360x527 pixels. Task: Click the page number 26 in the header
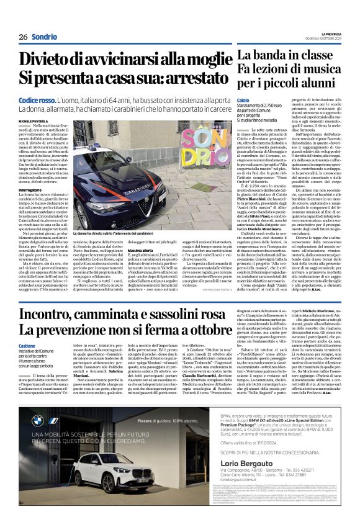24,37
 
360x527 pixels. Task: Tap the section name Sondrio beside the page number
45,37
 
